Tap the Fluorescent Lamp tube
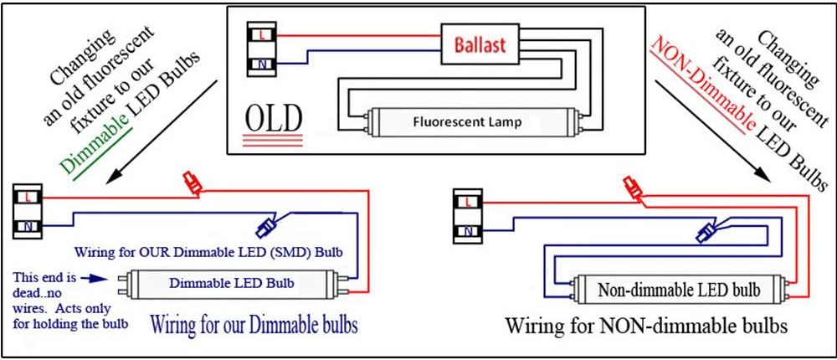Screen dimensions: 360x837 pyautogui.click(x=467, y=122)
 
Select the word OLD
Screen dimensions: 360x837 pyautogui.click(x=272, y=119)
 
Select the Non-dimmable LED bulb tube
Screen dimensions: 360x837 pyautogui.click(x=679, y=291)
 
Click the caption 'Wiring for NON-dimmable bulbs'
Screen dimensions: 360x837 pyautogui.click(x=645, y=326)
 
